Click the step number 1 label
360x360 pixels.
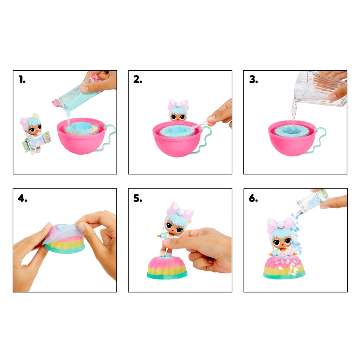point(22,80)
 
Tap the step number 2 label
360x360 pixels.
point(137,79)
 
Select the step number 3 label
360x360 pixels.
point(253,79)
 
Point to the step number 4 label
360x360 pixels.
point(22,198)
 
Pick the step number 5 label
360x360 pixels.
point(138,198)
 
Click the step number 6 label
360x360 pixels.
point(253,198)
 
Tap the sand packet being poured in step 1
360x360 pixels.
point(77,92)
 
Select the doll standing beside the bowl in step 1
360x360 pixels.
point(34,134)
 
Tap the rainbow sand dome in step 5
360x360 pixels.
point(167,268)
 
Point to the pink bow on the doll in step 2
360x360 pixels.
point(178,104)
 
